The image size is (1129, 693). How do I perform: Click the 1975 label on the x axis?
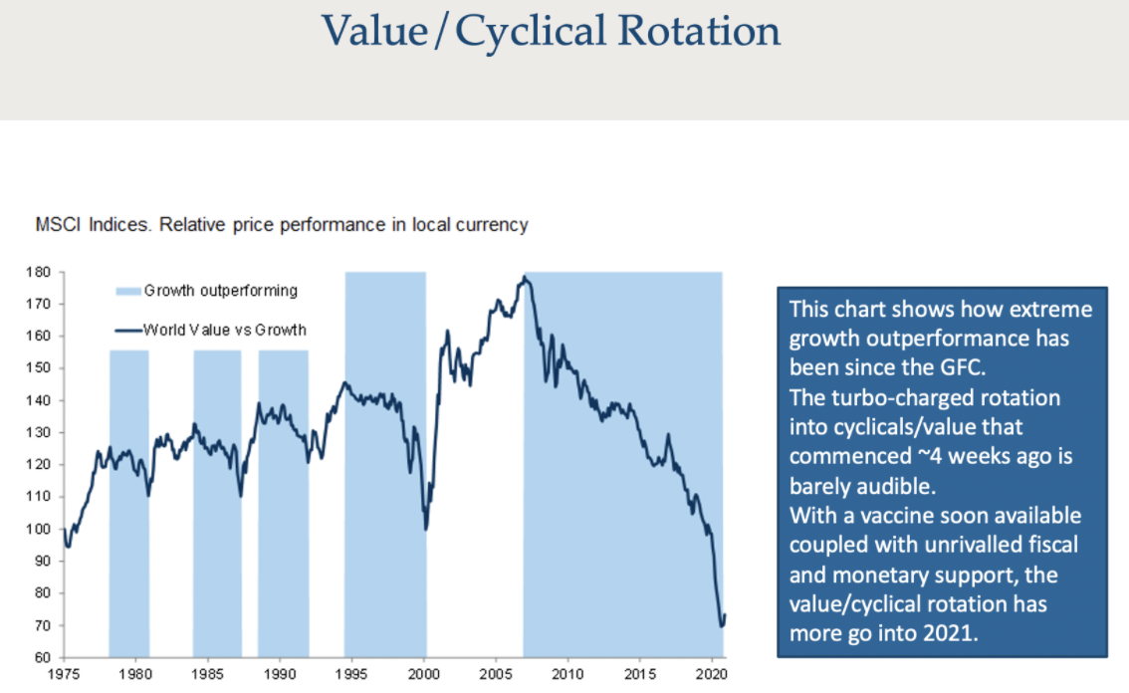(64, 675)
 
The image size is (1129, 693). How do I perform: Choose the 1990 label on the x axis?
(280, 675)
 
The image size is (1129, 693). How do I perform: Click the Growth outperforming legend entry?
(220, 291)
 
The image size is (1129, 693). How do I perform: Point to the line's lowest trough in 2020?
(722, 626)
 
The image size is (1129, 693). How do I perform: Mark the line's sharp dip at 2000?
(426, 529)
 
